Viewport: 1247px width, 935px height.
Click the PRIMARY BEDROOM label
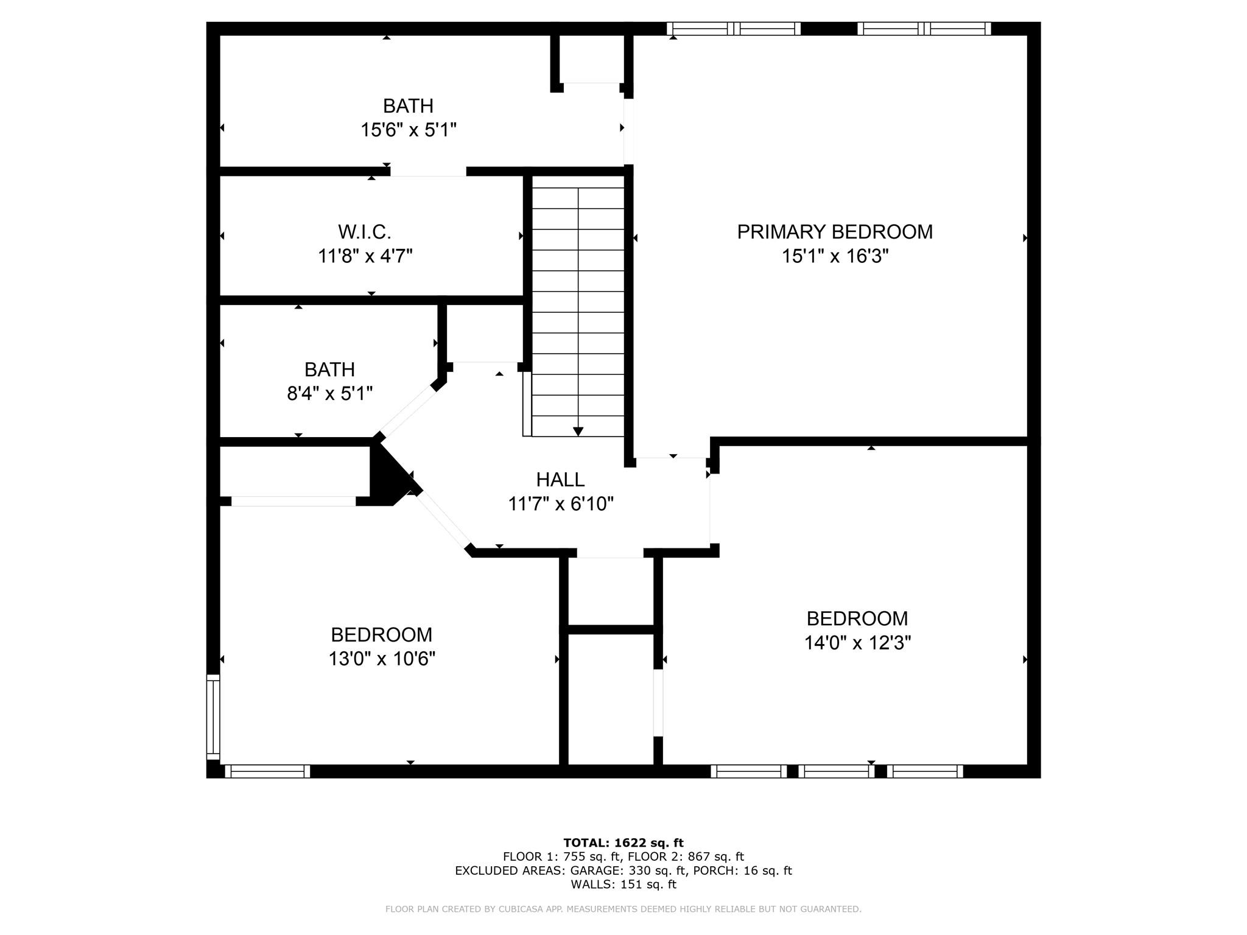click(834, 232)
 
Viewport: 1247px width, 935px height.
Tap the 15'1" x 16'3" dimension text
click(835, 256)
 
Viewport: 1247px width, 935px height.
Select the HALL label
click(560, 480)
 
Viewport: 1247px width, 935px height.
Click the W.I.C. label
click(364, 232)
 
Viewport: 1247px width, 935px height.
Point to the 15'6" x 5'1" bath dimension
click(408, 130)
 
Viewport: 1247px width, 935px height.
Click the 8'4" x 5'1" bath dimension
click(329, 394)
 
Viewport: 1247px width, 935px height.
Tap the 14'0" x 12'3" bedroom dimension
click(857, 643)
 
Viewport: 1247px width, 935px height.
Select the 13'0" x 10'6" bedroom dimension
click(382, 659)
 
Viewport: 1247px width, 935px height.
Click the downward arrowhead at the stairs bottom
click(578, 432)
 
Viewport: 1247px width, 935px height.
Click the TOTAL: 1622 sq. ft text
click(623, 843)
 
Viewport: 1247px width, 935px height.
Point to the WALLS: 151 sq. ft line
click(623, 884)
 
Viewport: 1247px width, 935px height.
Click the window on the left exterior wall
click(213, 716)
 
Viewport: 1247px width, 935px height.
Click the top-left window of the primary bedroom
click(733, 29)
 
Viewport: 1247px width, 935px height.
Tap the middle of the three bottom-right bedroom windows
click(837, 771)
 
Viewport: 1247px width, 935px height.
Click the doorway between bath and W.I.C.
click(428, 172)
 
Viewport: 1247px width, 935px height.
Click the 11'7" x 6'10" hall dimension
click(560, 504)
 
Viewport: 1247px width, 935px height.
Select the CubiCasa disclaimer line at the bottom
click(623, 909)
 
